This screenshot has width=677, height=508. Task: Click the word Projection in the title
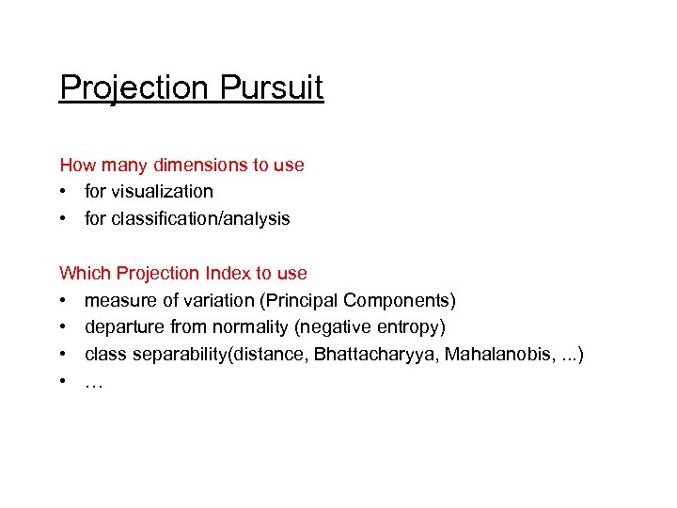point(133,88)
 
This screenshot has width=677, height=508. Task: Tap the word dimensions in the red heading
point(198,166)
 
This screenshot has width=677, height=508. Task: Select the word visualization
point(162,192)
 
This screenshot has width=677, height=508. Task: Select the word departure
point(121,328)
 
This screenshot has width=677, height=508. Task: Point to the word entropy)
point(409,328)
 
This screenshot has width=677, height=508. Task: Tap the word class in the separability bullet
point(103,356)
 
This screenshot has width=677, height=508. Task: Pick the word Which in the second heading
point(84,274)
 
